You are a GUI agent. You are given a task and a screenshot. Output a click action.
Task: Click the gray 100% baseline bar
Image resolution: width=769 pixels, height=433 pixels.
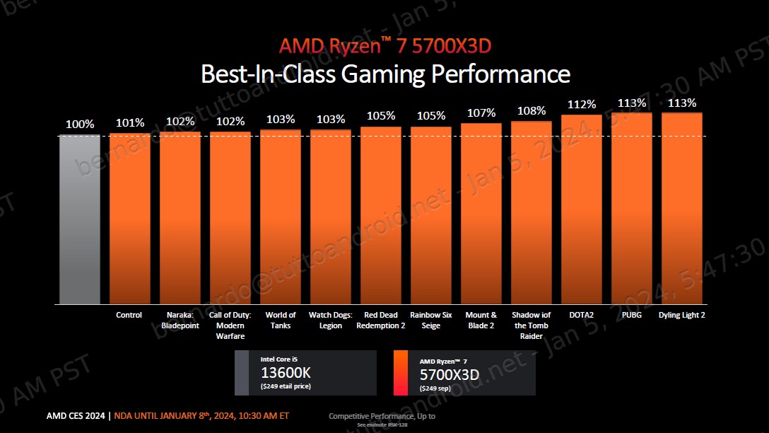click(79, 219)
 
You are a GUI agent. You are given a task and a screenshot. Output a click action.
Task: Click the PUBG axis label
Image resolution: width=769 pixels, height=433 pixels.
click(632, 315)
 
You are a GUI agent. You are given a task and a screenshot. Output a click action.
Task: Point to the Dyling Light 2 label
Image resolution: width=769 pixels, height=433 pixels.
click(682, 315)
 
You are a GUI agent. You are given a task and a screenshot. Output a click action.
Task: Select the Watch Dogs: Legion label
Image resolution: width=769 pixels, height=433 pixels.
click(331, 320)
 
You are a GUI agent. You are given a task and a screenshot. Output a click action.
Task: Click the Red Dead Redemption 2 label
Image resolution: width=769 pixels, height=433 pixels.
click(381, 320)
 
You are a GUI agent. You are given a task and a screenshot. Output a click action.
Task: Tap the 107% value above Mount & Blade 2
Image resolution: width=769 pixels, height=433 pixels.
click(481, 112)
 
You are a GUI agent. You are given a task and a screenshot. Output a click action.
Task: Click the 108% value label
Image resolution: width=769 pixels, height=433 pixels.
click(532, 110)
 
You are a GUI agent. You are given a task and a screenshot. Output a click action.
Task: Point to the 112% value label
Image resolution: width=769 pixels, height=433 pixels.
click(582, 104)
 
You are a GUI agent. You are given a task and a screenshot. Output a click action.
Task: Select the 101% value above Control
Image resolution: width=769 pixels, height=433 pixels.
click(130, 122)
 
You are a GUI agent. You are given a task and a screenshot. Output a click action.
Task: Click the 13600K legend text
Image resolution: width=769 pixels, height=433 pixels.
click(286, 373)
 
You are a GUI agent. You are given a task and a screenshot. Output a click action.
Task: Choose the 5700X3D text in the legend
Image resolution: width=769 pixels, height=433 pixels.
click(449, 374)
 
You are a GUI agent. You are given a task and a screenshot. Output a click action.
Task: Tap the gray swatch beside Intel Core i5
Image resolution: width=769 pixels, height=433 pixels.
click(242, 372)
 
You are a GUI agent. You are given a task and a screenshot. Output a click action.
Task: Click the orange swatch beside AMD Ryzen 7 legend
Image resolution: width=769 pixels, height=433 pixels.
click(401, 372)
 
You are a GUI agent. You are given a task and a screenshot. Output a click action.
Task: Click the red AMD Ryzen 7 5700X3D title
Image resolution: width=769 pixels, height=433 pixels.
click(384, 47)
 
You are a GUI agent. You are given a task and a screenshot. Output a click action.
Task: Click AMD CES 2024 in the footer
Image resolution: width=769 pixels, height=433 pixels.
click(76, 415)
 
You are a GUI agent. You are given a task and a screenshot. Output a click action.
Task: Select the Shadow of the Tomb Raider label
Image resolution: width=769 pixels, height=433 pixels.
click(532, 325)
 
